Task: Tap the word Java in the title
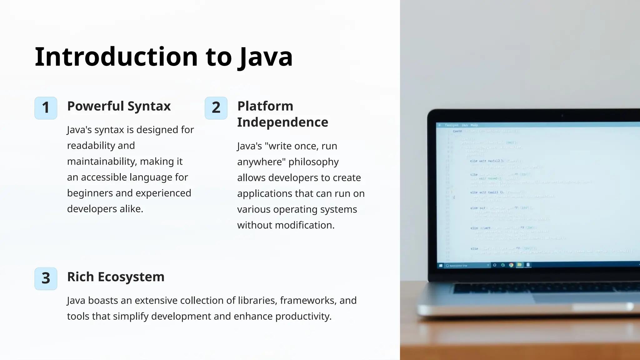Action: coord(265,57)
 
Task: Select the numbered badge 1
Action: coord(46,108)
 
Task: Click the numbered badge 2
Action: coord(216,108)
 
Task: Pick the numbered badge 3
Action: coord(46,278)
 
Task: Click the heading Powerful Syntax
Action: coord(119,106)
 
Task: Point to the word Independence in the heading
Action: coord(282,122)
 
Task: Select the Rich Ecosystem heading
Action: coord(116,277)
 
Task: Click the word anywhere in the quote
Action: coord(261,162)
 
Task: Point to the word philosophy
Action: coord(313,162)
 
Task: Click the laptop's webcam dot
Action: coord(562,116)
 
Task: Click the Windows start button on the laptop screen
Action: coord(441,266)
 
